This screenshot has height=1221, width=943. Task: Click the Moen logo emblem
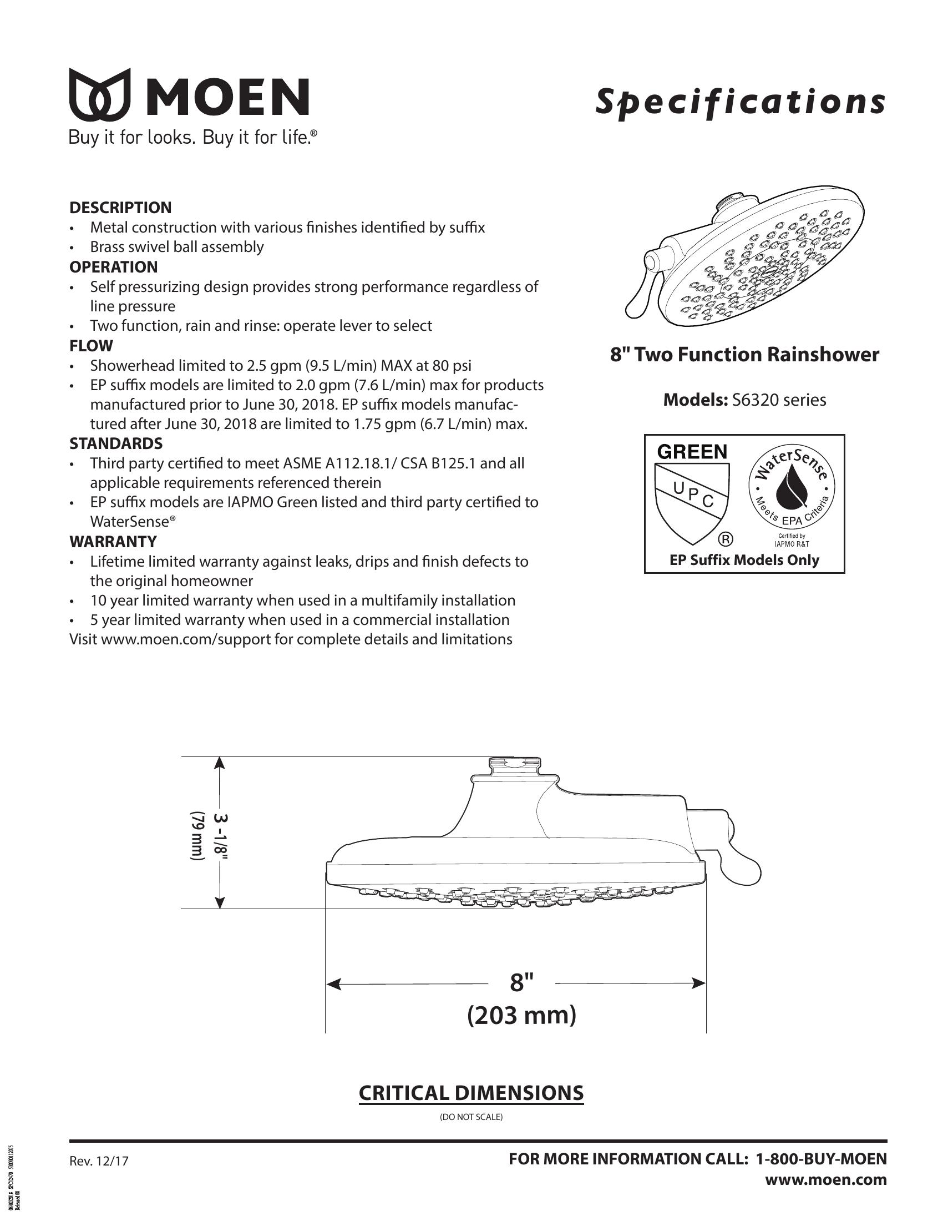(x=100, y=95)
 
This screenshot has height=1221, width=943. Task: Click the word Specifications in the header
(x=740, y=102)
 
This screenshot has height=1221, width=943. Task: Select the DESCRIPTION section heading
(x=120, y=208)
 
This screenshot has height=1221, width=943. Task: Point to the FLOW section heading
(x=91, y=346)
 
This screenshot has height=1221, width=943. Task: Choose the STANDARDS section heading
(x=115, y=443)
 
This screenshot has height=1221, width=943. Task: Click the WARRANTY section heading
(x=113, y=541)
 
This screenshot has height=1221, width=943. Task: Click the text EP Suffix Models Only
(x=744, y=560)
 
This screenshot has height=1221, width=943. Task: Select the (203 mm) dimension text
(x=521, y=1015)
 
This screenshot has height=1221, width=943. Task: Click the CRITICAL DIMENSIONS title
(x=471, y=1093)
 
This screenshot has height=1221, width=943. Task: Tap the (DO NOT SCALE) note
(x=471, y=1117)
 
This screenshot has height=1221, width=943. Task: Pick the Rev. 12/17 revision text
(x=99, y=1161)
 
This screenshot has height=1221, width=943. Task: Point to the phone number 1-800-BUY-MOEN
(x=820, y=1159)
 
